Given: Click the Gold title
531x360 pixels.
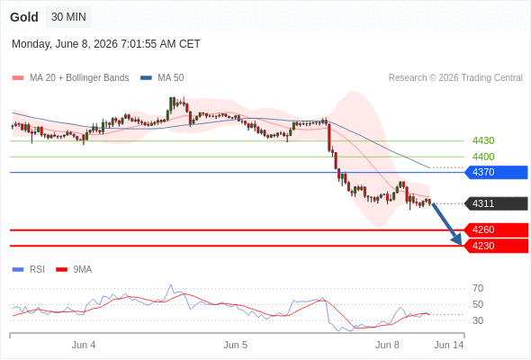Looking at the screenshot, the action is tap(24, 17).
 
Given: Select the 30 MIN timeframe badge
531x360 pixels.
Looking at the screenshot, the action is tap(68, 17).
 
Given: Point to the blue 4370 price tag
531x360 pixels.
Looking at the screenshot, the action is tap(496, 173).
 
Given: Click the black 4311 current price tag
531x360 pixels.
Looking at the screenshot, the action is tap(496, 203).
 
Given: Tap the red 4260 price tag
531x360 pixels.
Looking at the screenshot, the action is tap(496, 230).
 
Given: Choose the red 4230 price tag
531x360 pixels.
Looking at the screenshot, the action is tap(496, 246).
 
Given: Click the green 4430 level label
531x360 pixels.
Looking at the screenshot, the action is tap(483, 140).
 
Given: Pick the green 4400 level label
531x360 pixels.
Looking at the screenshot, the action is tap(483, 157).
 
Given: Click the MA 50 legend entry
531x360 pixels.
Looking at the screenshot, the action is tap(162, 78).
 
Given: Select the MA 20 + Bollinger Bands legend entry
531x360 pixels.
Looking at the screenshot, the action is tap(70, 78).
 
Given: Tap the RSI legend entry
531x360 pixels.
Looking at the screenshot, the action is tap(29, 270).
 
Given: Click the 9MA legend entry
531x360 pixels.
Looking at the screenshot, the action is tap(74, 270).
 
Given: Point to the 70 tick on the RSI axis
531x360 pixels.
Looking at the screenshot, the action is tap(478, 289).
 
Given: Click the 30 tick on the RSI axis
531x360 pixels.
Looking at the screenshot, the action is tap(478, 320).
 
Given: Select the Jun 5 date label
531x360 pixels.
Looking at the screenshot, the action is tap(236, 345).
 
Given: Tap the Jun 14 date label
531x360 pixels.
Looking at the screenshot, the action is tap(449, 345).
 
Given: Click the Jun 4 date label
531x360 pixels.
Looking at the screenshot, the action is tap(84, 345).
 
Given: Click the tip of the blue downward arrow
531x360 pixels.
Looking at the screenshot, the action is tap(461, 245).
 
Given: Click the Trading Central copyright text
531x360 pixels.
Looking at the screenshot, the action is tap(455, 78).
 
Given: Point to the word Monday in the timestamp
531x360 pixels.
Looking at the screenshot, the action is tap(31, 44).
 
